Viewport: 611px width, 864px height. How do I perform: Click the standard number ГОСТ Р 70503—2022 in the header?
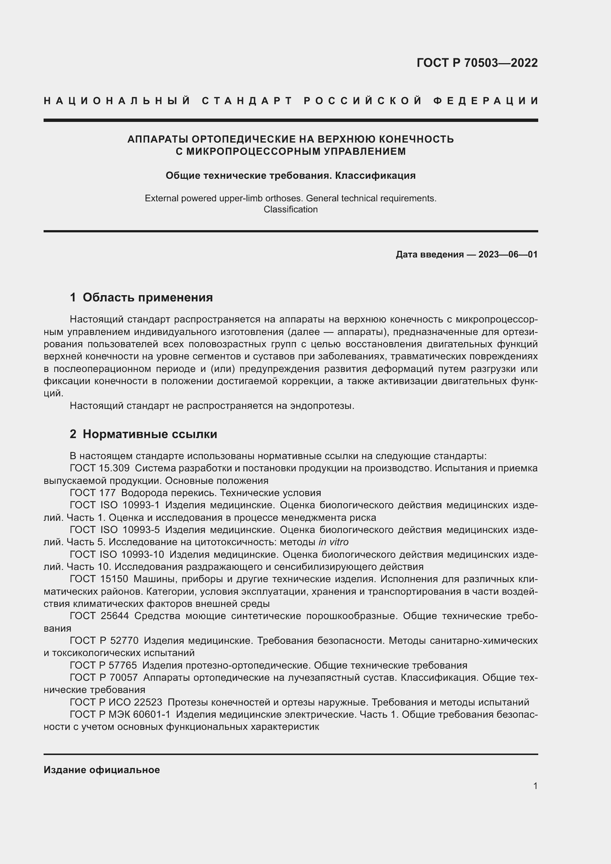click(x=477, y=63)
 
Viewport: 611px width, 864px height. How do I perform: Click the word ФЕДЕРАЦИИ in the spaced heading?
click(x=486, y=101)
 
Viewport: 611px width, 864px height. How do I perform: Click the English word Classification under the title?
click(x=290, y=209)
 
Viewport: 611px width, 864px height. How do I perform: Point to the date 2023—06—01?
click(x=508, y=255)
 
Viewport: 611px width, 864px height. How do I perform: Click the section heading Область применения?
click(x=147, y=298)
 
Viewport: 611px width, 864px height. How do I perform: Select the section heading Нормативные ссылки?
click(x=150, y=434)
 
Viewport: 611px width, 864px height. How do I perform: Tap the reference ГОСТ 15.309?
click(x=100, y=468)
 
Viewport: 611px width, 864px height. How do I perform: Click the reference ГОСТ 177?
click(x=93, y=493)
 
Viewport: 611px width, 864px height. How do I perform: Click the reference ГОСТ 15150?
click(x=99, y=579)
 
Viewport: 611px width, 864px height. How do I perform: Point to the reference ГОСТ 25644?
click(x=99, y=616)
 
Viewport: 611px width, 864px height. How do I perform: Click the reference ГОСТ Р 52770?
click(x=104, y=641)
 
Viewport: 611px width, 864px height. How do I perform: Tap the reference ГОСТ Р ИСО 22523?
click(x=116, y=702)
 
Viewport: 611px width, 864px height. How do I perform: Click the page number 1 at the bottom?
click(x=535, y=786)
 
